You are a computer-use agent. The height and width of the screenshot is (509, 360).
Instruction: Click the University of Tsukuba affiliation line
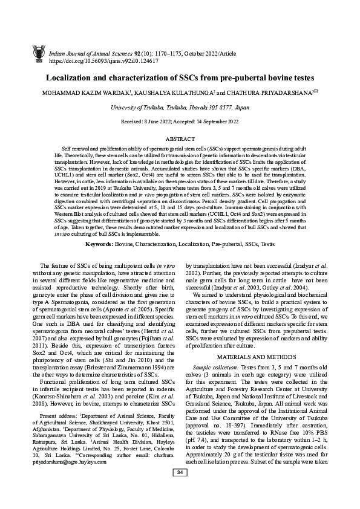tap(180, 107)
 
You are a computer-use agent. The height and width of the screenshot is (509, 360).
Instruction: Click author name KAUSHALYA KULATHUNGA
tap(178, 94)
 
